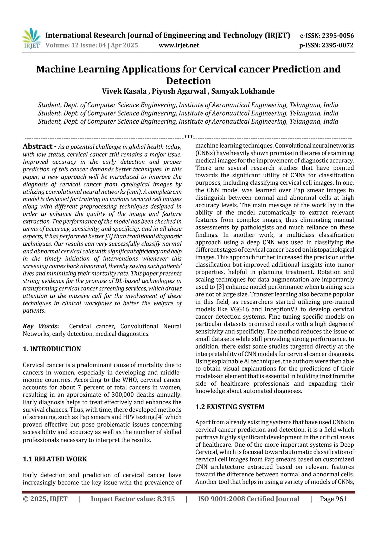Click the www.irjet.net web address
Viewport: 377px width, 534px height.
click(179, 46)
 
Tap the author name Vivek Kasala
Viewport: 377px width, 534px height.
click(124, 91)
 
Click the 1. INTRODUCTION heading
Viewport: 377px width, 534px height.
click(52, 349)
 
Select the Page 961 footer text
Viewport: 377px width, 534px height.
click(333, 499)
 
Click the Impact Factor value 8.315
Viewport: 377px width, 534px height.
click(133, 499)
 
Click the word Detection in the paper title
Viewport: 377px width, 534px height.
click(188, 81)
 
